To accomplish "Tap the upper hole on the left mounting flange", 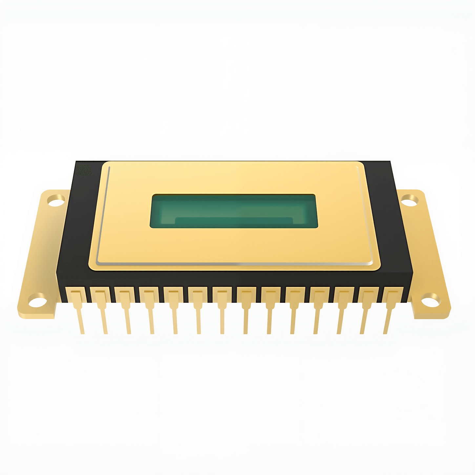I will (56, 200).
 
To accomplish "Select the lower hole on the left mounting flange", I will (38, 300).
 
